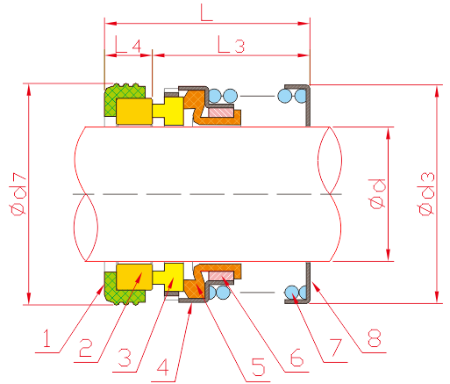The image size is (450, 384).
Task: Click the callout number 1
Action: point(46,338)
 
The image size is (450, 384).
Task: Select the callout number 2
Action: point(86,348)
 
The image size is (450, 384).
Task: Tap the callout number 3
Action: point(125,358)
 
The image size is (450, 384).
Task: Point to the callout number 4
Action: point(162,367)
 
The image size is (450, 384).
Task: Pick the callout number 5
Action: point(259,366)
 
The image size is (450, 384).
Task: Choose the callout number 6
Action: point(296,358)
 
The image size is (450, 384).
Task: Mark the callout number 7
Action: point(335,348)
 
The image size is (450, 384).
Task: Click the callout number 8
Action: point(375,338)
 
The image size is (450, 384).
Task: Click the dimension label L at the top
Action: point(206,12)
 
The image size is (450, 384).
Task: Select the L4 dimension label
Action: point(128,44)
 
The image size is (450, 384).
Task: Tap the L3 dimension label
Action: point(231,44)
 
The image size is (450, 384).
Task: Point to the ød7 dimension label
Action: point(19,194)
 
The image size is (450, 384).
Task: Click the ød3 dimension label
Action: point(427,194)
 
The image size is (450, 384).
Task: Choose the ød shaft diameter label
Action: point(377,193)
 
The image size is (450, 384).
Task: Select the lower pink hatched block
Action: point(221,275)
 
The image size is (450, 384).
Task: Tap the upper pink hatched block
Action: point(221,112)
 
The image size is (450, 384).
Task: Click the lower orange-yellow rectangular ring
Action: point(134,277)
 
